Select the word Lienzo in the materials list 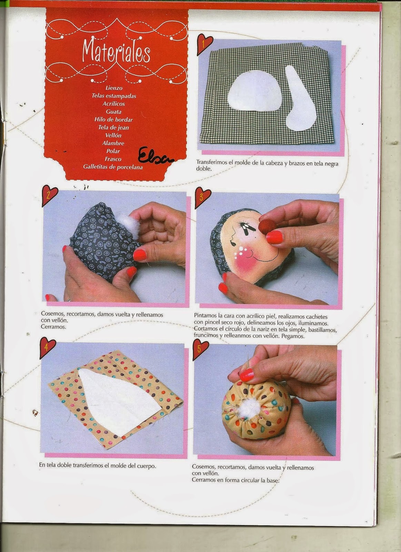(x=114, y=88)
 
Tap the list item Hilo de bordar (x=113, y=120)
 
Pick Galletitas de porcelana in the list (x=113, y=167)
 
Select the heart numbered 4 (x=47, y=347)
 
